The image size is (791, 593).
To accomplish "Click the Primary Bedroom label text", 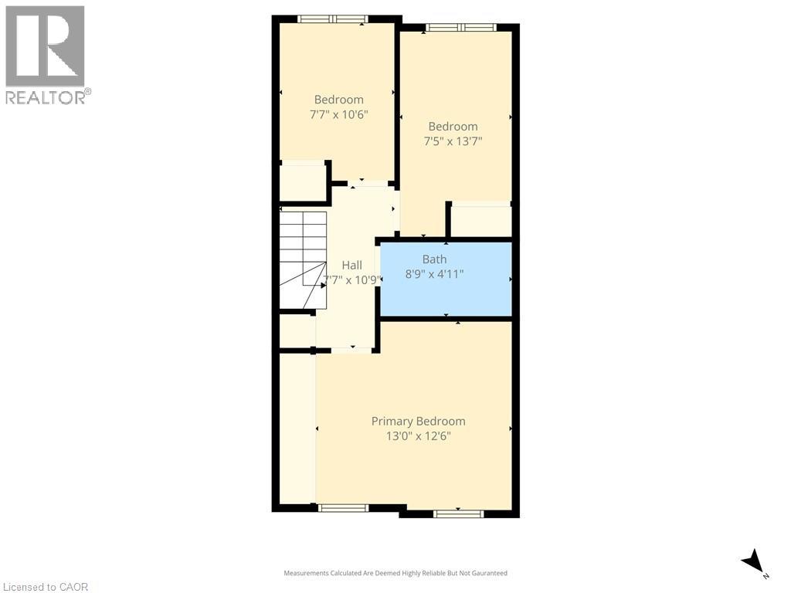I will point(418,422).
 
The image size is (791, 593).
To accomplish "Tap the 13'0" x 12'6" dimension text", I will point(418,436).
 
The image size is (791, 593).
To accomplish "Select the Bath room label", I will point(434,259).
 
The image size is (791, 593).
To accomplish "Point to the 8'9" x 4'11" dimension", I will point(434,273).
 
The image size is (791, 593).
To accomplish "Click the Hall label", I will point(351,266).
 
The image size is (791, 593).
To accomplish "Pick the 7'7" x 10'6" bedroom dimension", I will point(338,114).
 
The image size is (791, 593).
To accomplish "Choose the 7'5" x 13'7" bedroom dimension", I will point(453,141).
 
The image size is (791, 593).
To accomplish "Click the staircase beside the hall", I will point(302,259).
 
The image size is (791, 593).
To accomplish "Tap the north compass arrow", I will point(753,561).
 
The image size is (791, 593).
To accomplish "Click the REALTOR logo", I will point(46,54).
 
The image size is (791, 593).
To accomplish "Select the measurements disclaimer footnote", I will point(395,573).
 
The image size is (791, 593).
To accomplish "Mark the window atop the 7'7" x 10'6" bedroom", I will point(332,19).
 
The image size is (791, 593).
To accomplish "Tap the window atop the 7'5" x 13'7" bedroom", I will point(460,28).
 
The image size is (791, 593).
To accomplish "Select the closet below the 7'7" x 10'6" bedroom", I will point(302,183).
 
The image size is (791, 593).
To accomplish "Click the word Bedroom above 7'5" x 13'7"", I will point(453,127).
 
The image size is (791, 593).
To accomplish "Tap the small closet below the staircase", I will point(297,331).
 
